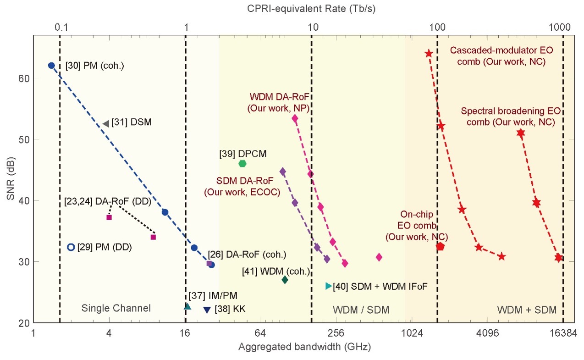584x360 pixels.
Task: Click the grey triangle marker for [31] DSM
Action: click(x=105, y=123)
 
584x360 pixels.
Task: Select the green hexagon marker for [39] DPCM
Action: click(x=242, y=163)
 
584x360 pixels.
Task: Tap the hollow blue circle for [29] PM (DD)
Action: click(x=71, y=247)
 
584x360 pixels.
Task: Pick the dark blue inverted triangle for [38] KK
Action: click(x=207, y=310)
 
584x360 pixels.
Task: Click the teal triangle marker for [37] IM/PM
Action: click(x=187, y=306)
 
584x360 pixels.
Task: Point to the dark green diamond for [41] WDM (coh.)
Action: click(x=285, y=280)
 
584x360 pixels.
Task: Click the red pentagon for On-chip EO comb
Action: click(x=440, y=246)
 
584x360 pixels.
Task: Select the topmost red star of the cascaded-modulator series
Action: click(x=429, y=53)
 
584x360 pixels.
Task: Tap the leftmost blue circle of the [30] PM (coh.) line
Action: click(x=51, y=66)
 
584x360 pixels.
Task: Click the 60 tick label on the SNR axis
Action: click(x=24, y=78)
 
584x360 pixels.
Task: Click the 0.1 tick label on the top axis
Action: click(x=61, y=27)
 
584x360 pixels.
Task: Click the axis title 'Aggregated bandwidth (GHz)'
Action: click(x=304, y=347)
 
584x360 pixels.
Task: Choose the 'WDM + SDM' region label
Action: click(x=527, y=310)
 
